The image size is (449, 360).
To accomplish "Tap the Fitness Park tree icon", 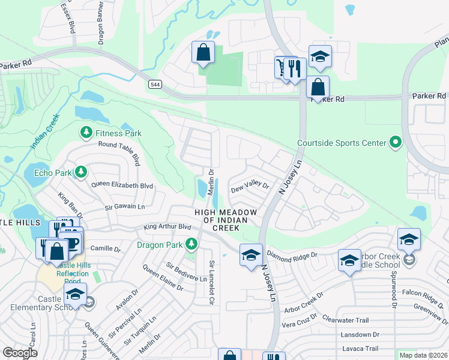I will (86, 132).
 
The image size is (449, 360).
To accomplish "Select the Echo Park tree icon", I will (80, 173).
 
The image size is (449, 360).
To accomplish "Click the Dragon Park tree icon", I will (191, 244).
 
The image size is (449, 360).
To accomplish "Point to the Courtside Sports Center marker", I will (395, 143).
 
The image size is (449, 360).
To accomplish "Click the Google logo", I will (20, 353).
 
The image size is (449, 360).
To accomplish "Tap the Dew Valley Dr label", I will (250, 188).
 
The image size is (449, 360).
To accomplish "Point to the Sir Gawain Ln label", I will (125, 206).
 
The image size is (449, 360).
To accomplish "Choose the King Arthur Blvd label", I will (167, 227).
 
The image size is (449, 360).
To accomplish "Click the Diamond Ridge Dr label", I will (292, 254).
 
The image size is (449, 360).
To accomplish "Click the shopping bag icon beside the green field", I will (203, 52).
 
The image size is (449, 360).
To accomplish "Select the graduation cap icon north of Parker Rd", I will (320, 57).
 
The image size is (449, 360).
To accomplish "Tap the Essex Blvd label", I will (68, 17).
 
